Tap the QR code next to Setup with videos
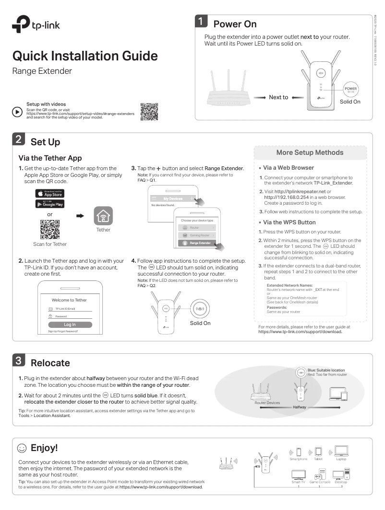(149, 111)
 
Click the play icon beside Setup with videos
(17, 111)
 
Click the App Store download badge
(50, 193)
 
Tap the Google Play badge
(50, 203)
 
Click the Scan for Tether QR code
(50, 229)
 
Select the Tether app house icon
(103, 216)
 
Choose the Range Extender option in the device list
(198, 243)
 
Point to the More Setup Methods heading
(310, 152)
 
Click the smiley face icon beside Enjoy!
(22, 448)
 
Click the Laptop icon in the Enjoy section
(341, 451)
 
